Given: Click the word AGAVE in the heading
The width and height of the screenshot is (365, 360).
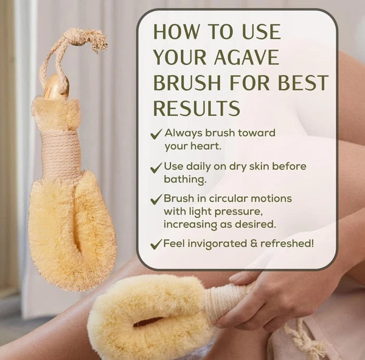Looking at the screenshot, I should (246, 57).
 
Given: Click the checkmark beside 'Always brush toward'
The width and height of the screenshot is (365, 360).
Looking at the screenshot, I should (156, 134).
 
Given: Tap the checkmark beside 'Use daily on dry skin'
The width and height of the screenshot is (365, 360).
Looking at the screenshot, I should (156, 167).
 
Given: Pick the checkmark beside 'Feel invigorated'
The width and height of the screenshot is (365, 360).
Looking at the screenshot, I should (156, 245).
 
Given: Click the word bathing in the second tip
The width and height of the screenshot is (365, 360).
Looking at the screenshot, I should (186, 179).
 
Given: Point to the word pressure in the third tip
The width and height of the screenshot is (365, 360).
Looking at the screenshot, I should (235, 211).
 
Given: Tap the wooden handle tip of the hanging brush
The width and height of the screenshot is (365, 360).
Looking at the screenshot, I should (55, 86).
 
